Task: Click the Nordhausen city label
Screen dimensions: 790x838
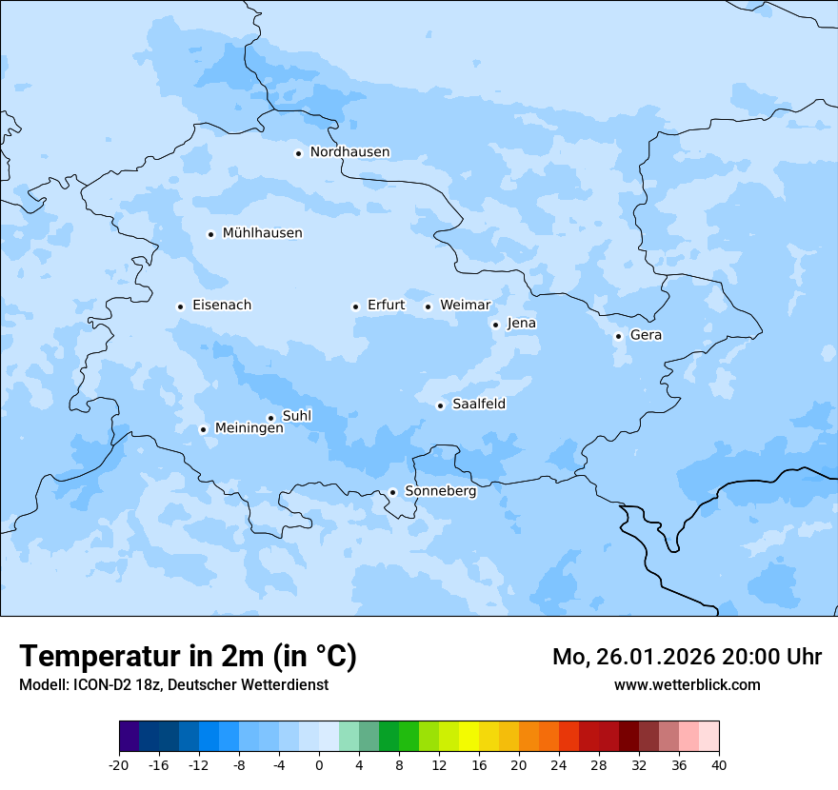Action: tap(349, 152)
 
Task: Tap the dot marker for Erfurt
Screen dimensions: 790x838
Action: tap(355, 306)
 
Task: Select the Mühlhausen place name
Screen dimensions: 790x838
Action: tap(262, 233)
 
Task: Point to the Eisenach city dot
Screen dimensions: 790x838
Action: tap(180, 306)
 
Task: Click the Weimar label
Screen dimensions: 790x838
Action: tap(465, 306)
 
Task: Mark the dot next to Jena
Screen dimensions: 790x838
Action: tap(495, 325)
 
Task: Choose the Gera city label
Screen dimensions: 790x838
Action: tap(646, 335)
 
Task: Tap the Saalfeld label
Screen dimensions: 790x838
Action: tap(479, 405)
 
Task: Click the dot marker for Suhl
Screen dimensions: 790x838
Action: tap(270, 418)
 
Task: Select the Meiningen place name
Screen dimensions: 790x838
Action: tap(249, 429)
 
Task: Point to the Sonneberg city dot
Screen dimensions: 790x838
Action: tap(392, 493)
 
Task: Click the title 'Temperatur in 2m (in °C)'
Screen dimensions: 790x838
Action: tap(188, 656)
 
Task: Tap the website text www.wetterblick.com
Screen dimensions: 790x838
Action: tap(687, 684)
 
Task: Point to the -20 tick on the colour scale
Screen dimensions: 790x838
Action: tap(119, 764)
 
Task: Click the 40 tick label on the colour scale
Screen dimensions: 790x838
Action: tap(719, 764)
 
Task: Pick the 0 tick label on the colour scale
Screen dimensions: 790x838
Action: tap(319, 764)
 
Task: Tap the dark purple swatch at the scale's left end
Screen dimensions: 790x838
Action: tap(129, 737)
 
